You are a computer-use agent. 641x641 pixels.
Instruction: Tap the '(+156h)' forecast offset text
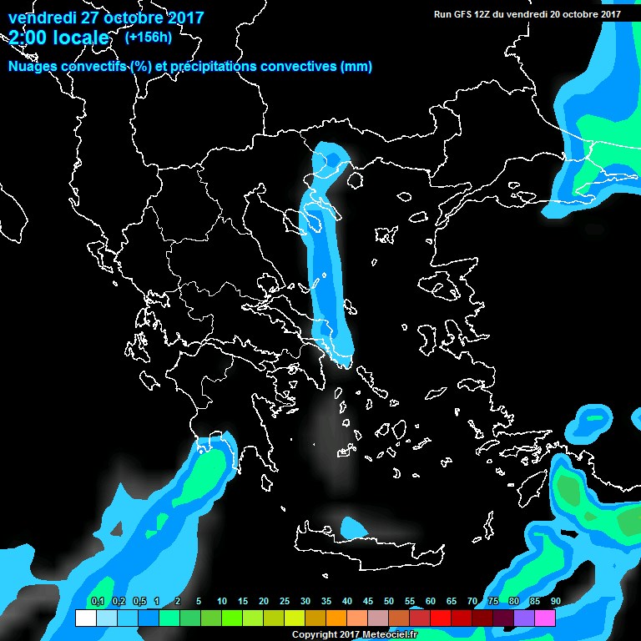(148, 37)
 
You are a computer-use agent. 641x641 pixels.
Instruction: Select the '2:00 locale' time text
(58, 38)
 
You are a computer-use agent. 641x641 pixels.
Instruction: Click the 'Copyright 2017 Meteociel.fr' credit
(355, 635)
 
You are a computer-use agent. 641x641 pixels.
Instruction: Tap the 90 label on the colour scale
(555, 602)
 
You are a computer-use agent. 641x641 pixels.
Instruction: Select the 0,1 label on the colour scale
(97, 602)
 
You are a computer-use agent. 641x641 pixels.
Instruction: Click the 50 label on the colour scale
(389, 602)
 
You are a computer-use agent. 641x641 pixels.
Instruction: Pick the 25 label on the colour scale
(285, 602)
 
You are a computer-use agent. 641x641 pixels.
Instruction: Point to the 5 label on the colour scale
(199, 602)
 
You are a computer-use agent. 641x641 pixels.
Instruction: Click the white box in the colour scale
(85, 618)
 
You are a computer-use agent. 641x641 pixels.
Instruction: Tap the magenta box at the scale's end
(544, 618)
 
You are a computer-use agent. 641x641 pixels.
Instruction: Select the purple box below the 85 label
(523, 618)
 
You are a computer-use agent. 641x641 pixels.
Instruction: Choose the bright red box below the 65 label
(440, 618)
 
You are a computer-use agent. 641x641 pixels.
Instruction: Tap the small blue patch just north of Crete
(354, 527)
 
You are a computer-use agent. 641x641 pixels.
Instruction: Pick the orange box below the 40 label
(336, 618)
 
